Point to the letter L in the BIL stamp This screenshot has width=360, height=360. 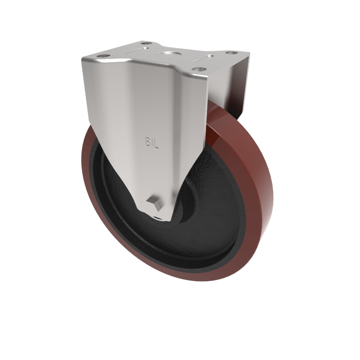156,144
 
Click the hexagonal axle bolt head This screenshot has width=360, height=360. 154,202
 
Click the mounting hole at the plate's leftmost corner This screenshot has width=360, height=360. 103,56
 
